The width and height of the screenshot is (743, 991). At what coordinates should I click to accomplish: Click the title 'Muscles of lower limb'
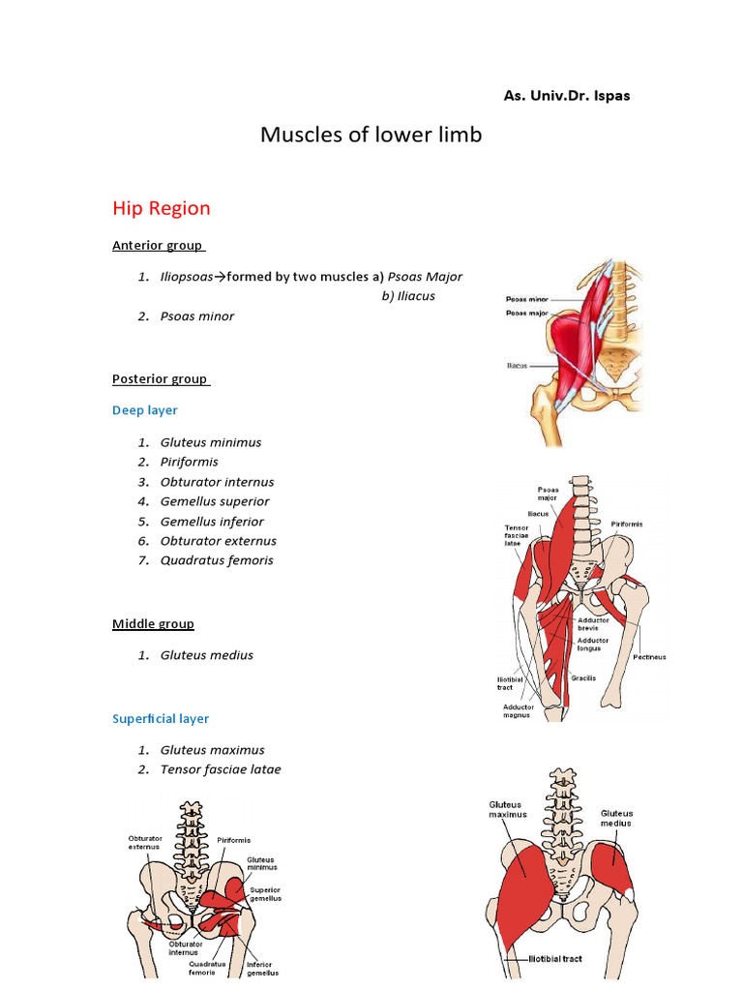pos(371,135)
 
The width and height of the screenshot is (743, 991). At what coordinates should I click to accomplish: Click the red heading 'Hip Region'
pos(161,208)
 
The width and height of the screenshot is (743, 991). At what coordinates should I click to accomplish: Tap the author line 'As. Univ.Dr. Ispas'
pos(567,96)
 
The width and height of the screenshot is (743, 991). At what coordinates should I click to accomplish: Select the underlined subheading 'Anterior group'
pos(158,245)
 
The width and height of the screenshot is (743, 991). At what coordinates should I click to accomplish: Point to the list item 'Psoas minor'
pos(197,316)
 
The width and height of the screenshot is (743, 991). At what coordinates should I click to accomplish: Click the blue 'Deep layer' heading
pos(145,410)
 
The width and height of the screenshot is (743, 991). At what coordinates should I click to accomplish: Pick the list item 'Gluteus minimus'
pos(211,442)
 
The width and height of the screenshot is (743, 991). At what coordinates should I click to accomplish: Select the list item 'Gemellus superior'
pos(215,501)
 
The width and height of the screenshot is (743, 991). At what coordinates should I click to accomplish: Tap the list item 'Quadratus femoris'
pos(217,560)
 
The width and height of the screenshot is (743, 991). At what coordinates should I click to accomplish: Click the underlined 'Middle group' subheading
pos(153,624)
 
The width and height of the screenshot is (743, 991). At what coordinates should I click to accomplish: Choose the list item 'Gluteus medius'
pos(207,655)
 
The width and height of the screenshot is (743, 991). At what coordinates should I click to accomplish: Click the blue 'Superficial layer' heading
pos(161,719)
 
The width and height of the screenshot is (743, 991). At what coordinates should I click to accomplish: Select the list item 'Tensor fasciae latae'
pos(221,769)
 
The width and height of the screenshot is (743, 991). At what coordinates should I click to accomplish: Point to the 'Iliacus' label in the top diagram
pos(516,367)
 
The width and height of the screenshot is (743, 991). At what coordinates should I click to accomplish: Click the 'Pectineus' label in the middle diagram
pos(649,657)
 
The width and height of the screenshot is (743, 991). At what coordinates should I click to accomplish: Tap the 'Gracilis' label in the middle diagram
pos(583,678)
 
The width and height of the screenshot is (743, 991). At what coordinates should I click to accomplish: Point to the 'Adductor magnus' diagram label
pos(518,712)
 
